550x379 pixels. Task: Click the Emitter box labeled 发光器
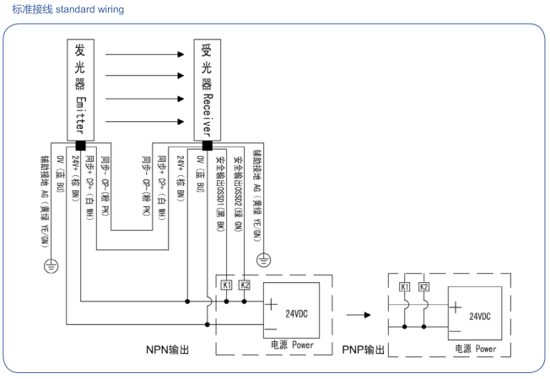click(x=80, y=88)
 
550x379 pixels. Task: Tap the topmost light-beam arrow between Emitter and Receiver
click(x=143, y=55)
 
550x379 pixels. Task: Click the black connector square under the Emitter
click(x=80, y=144)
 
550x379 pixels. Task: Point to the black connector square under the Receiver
click(x=207, y=144)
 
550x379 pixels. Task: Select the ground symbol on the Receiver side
click(x=264, y=259)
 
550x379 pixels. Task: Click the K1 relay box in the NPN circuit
click(x=226, y=285)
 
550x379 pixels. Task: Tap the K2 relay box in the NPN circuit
click(x=245, y=285)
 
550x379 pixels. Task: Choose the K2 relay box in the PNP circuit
click(x=424, y=287)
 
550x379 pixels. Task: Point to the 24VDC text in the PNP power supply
click(x=479, y=316)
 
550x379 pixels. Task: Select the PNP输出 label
click(x=364, y=350)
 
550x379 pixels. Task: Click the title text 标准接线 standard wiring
click(x=68, y=9)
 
